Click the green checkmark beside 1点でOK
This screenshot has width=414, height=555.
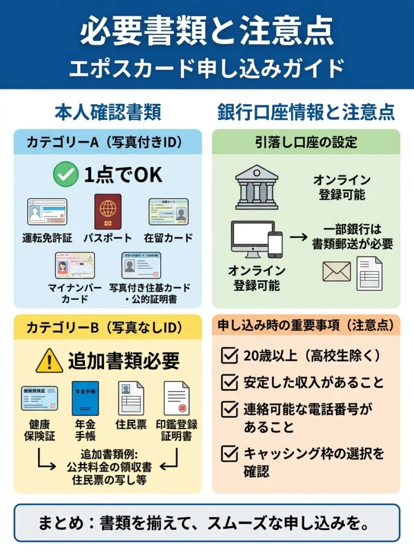coord(65,175)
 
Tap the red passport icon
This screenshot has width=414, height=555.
coord(108,212)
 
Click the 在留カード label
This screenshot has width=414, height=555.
coord(168,237)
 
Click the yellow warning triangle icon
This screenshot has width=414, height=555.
coord(50,360)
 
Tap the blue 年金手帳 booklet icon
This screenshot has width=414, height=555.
coord(85,398)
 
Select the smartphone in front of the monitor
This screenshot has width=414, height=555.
coord(275,244)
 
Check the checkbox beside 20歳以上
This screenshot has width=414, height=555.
coord(230,356)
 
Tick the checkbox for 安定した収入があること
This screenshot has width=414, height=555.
coord(230,382)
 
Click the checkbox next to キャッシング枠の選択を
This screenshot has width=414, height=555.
coord(230,452)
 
